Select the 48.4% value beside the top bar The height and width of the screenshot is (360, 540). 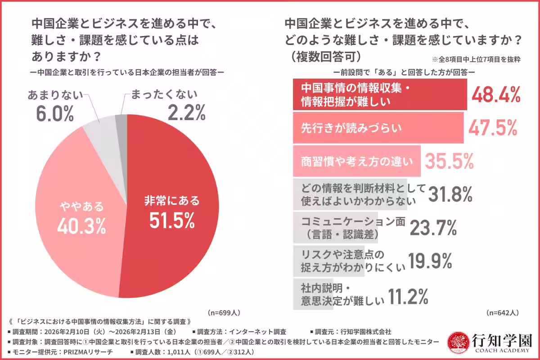(x=496, y=95)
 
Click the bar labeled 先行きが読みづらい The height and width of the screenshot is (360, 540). (x=378, y=128)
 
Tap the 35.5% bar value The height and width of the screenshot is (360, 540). (x=449, y=161)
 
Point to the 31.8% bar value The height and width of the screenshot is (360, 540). (x=450, y=194)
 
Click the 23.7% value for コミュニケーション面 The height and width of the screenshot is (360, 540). (x=433, y=228)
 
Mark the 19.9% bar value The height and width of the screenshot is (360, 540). (x=430, y=261)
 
